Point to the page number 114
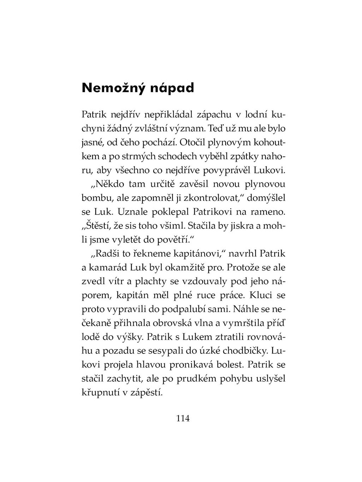click(x=183, y=418)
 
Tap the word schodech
click(x=179, y=156)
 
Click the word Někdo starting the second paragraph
click(x=106, y=184)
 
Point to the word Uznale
click(x=132, y=212)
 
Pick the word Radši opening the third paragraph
click(x=105, y=254)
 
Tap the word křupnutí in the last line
click(x=101, y=392)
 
